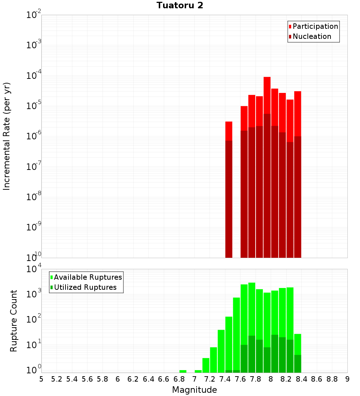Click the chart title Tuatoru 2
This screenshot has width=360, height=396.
tap(180, 5)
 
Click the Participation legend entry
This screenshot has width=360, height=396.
tap(315, 26)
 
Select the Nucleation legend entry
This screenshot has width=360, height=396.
tap(312, 36)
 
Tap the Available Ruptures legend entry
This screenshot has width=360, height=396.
tap(88, 277)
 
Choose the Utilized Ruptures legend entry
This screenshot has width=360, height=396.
tap(85, 287)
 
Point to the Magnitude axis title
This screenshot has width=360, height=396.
tap(194, 390)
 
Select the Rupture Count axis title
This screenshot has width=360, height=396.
tap(14, 321)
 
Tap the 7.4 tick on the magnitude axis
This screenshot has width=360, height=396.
tap(225, 379)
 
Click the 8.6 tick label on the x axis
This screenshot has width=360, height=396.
tap(317, 379)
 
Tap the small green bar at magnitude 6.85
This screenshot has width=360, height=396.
tap(183, 371)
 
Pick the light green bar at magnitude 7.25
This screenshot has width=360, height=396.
tap(213, 360)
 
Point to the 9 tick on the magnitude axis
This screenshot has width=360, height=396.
tap(347, 379)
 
